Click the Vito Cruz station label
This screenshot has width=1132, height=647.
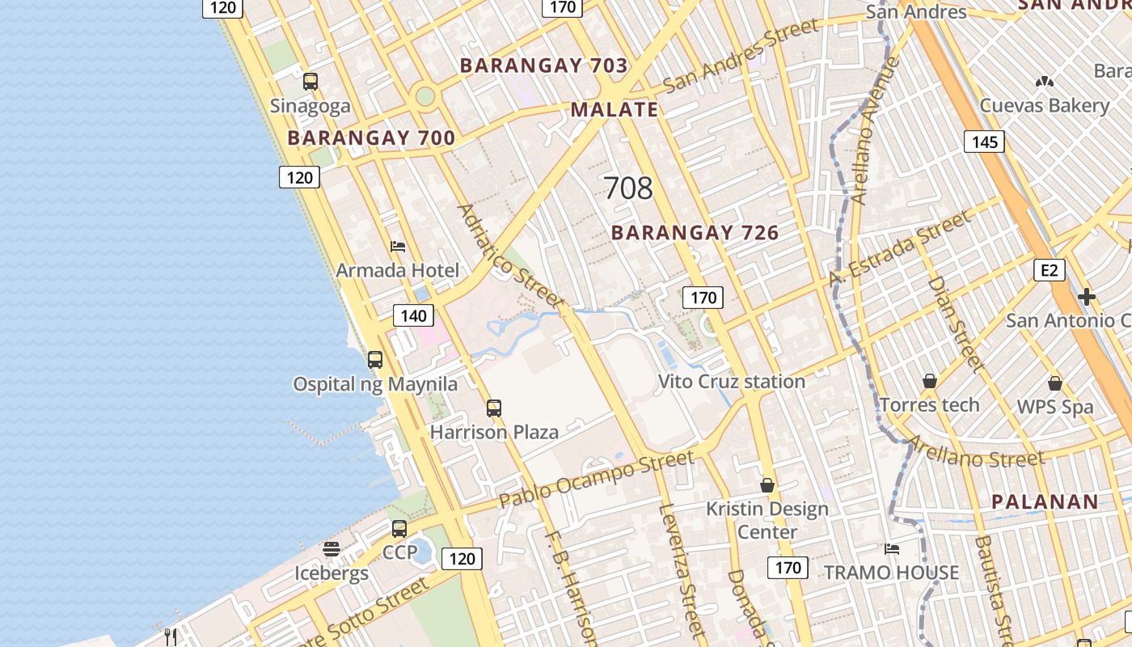[x=731, y=382]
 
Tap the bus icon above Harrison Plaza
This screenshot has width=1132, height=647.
[x=494, y=408]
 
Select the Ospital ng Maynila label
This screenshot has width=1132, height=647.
[x=375, y=384]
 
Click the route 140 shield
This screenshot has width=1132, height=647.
[x=413, y=315]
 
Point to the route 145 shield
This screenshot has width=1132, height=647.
[x=984, y=142]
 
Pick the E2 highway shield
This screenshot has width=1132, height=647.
[x=1049, y=270]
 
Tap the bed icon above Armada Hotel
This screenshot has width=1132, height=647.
[x=397, y=247]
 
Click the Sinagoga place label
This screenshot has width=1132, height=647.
[x=310, y=106]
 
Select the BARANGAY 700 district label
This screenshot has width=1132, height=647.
[x=371, y=138]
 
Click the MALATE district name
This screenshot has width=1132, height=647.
[x=615, y=110]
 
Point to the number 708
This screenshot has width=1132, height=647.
[x=628, y=188]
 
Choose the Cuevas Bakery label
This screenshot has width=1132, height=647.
[x=1045, y=105]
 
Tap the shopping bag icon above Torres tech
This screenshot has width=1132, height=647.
[x=930, y=381]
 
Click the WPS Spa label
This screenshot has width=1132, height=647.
[x=1054, y=407]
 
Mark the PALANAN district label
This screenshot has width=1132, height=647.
[x=1045, y=502]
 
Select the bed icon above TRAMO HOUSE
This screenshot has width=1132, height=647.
[x=892, y=549]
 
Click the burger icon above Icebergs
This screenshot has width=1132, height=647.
[x=332, y=550]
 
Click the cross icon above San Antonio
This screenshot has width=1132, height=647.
[x=1086, y=297]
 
